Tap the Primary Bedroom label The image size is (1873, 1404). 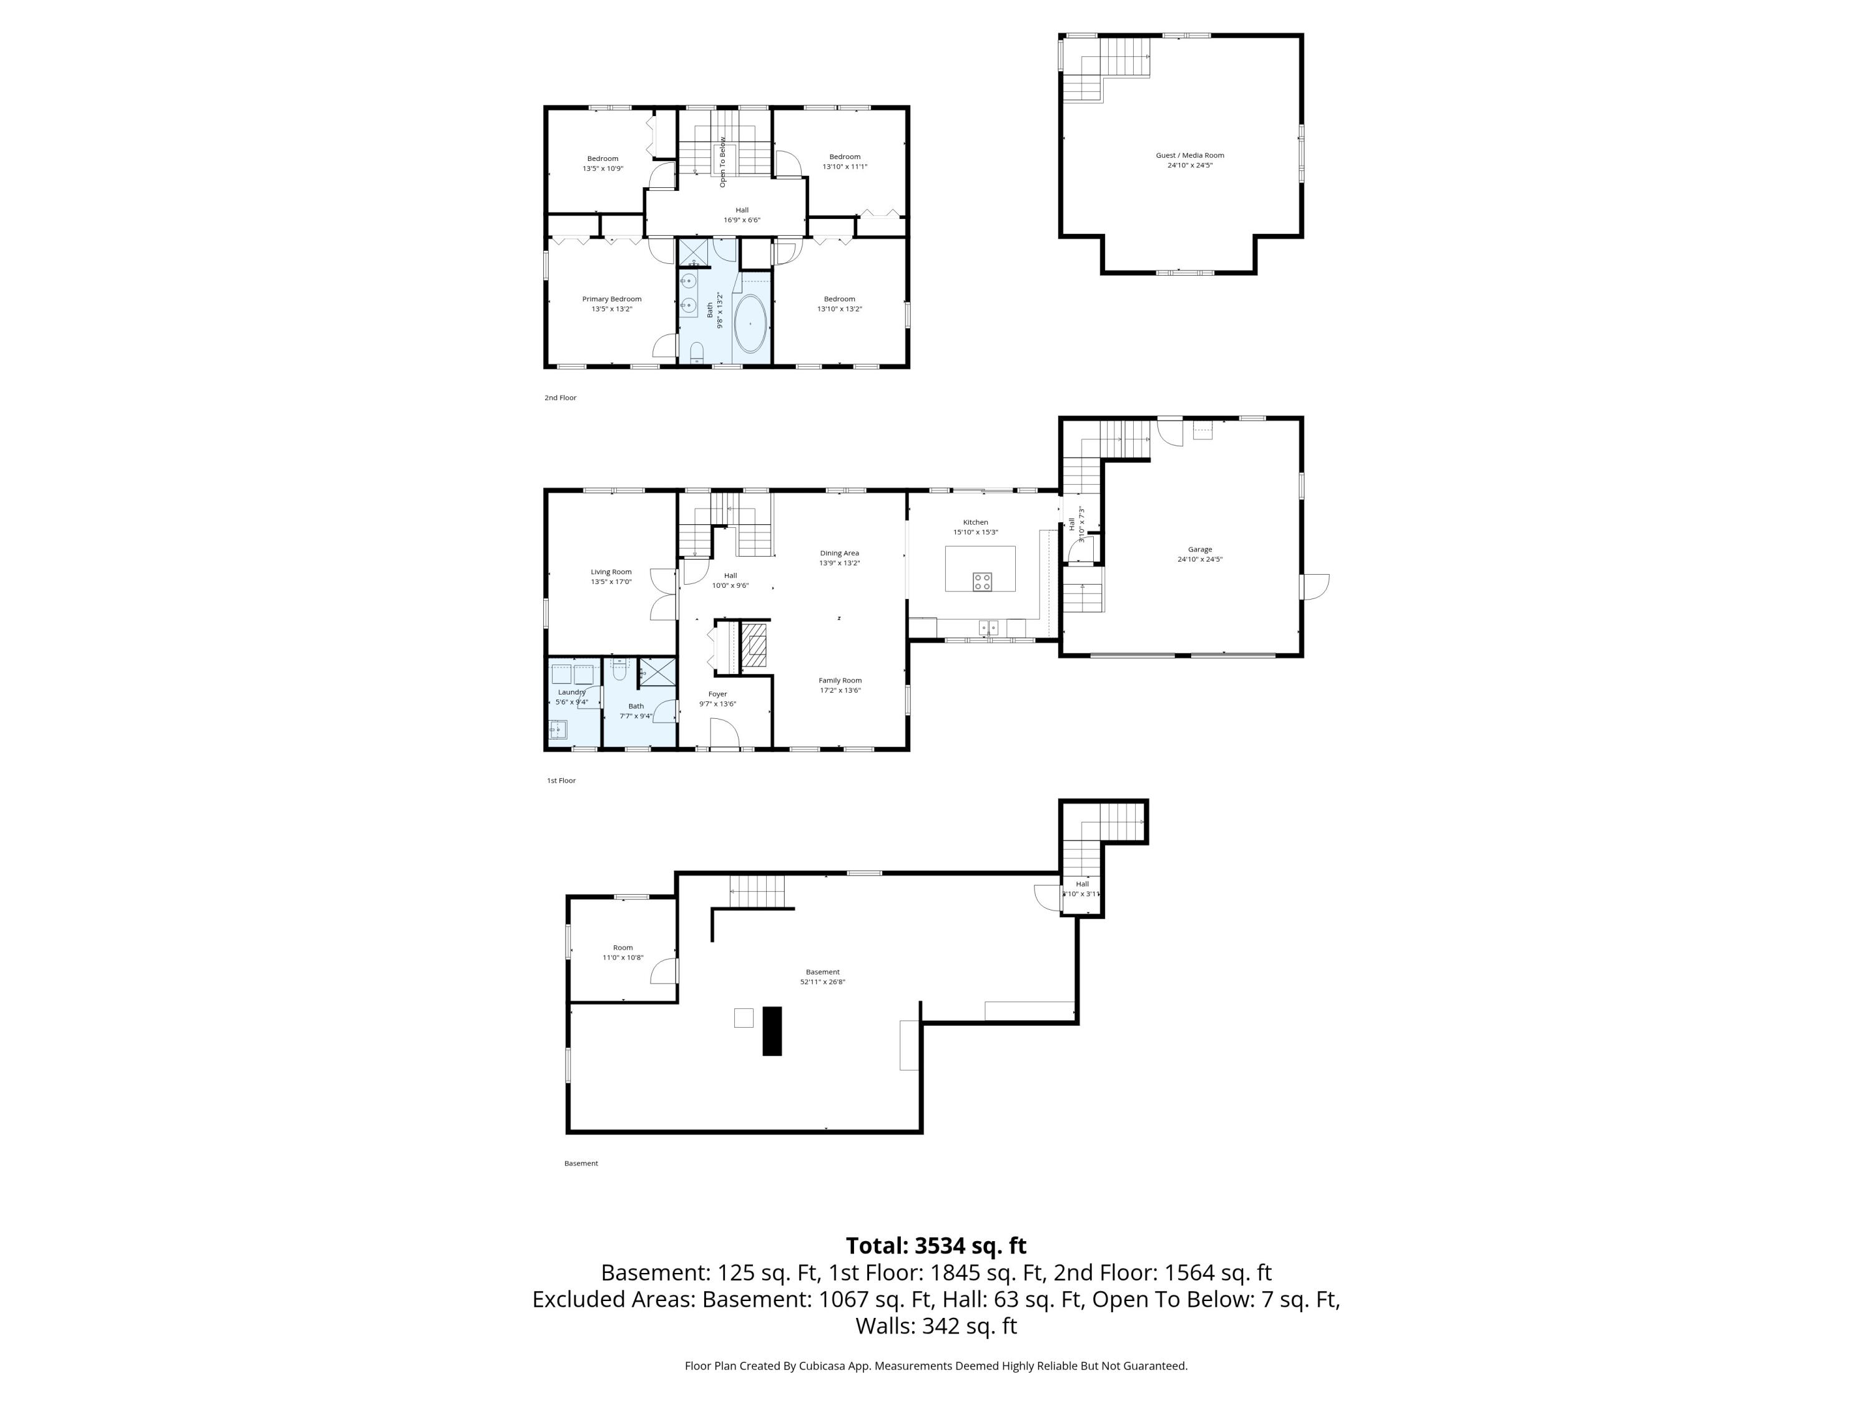pyautogui.click(x=611, y=299)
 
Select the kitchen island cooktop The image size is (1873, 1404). pyautogui.click(x=981, y=582)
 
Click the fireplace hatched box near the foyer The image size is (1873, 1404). pyautogui.click(x=754, y=645)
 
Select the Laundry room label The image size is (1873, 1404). pyautogui.click(x=571, y=692)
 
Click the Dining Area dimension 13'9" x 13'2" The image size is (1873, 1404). pyautogui.click(x=838, y=563)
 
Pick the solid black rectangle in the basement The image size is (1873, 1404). pyautogui.click(x=772, y=1030)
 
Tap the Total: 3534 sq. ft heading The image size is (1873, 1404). pyautogui.click(x=936, y=1246)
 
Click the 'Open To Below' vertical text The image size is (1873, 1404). pyautogui.click(x=722, y=162)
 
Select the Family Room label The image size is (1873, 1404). pyautogui.click(x=839, y=680)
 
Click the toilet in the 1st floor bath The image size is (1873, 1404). pyautogui.click(x=619, y=671)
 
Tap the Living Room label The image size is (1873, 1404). pyautogui.click(x=611, y=572)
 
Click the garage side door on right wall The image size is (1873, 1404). pyautogui.click(x=1315, y=586)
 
